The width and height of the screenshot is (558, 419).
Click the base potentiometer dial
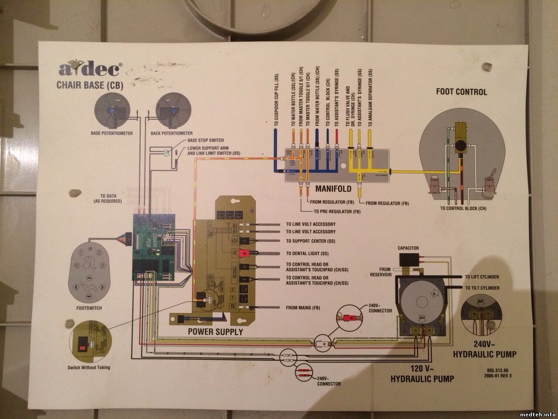[112, 111]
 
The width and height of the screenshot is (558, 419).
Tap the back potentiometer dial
[171, 111]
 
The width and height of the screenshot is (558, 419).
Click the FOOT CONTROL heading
[462, 92]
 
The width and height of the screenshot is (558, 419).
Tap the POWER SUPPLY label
[215, 332]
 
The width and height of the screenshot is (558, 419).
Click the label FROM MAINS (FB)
[303, 308]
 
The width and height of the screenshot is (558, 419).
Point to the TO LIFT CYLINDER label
[482, 277]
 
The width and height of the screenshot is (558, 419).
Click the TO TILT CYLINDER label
[482, 288]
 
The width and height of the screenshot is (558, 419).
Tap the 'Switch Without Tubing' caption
[89, 367]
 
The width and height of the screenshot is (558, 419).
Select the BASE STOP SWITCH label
[205, 140]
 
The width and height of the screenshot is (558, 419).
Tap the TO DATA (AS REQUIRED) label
[108, 199]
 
